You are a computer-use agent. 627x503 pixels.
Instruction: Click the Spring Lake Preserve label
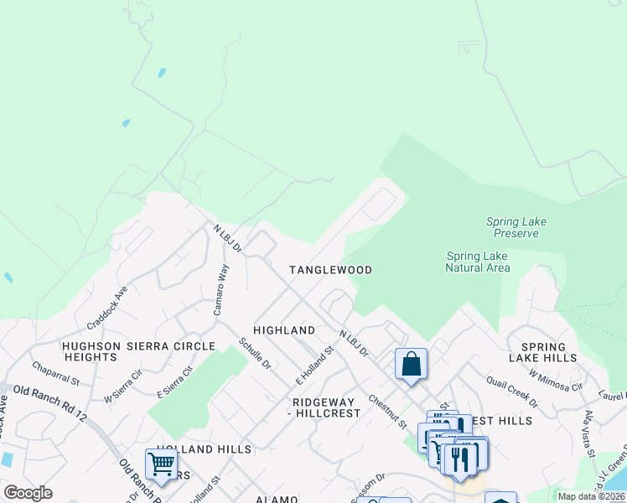click(x=516, y=227)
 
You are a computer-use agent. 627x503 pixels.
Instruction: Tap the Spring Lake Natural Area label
click(x=477, y=262)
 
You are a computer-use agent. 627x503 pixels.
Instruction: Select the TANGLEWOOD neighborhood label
click(x=330, y=270)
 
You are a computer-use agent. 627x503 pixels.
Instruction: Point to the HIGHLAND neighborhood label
click(x=284, y=330)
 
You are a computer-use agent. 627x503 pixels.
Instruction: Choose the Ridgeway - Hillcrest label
click(x=324, y=407)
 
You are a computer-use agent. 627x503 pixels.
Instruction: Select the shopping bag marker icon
click(x=411, y=364)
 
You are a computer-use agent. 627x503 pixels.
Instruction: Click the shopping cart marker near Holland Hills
click(x=160, y=464)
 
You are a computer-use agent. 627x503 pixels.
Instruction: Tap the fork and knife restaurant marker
click(x=460, y=459)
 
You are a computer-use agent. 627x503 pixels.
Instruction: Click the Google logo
click(x=28, y=493)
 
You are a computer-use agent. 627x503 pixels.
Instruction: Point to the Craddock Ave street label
click(x=106, y=306)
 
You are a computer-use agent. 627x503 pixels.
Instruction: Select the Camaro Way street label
click(x=220, y=289)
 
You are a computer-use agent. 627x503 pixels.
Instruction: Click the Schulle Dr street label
click(x=255, y=353)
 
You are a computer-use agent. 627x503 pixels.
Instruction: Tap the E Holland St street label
click(x=314, y=366)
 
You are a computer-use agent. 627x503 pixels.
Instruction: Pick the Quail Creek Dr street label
click(x=513, y=390)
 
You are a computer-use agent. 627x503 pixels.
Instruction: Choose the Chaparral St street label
click(x=55, y=374)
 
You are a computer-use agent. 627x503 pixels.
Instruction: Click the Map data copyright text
click(x=591, y=496)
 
